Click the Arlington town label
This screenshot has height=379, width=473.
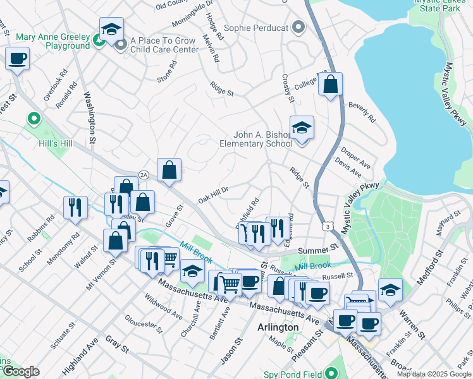(278, 327)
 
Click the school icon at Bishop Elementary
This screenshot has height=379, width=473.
(302, 128)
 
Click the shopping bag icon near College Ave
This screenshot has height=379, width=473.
(330, 85)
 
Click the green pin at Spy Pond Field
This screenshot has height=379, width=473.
(330, 373)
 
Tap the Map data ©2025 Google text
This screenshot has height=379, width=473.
(434, 374)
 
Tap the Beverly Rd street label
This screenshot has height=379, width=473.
(362, 113)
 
